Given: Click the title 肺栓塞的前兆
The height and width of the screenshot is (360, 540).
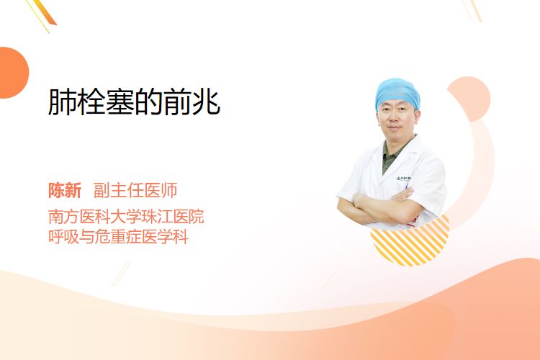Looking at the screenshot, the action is (134, 102).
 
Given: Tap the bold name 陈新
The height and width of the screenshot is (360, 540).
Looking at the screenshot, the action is (65, 191).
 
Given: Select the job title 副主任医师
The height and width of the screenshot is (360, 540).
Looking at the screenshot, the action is (135, 191).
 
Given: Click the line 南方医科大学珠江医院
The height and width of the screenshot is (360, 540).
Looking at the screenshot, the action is (126, 217).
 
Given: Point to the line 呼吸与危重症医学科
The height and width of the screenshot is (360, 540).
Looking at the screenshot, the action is (118, 237).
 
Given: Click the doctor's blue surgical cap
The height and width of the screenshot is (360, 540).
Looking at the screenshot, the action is (397, 92).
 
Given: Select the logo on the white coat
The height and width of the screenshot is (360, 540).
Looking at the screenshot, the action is (403, 179).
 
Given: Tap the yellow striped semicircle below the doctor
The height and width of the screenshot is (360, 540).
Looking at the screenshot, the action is (410, 243).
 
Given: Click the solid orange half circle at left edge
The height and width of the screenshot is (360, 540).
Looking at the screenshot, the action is (14, 73).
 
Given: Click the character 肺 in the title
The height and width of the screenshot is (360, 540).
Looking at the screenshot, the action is (62, 102).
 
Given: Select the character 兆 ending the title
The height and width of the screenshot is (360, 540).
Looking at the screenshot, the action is (207, 102).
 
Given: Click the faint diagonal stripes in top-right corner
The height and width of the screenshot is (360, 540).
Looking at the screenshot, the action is (472, 10).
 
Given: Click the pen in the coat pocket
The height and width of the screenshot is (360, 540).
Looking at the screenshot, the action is (408, 186).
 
